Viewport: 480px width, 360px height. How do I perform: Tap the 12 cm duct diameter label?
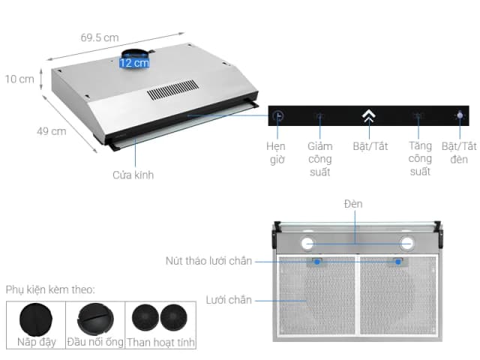coord(134,63)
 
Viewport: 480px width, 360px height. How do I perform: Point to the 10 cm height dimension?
coord(19,79)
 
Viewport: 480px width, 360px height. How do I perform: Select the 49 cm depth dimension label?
coord(51,130)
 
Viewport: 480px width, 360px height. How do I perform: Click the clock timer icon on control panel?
coord(278,116)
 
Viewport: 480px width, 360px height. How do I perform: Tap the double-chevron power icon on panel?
coord(368,116)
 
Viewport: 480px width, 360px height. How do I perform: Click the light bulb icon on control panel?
coord(458,116)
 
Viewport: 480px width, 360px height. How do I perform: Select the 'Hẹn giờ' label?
coord(276,152)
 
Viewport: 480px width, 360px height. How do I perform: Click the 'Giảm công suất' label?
coord(319,159)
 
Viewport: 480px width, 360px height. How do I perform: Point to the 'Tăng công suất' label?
coord(420,159)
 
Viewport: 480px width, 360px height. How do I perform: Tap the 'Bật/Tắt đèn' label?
coord(459,152)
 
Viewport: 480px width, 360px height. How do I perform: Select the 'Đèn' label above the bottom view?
coord(353,204)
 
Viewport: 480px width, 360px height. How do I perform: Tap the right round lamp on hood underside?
coord(407,243)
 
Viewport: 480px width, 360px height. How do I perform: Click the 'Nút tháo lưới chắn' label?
coord(208,261)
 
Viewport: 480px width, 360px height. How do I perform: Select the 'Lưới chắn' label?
coord(229,300)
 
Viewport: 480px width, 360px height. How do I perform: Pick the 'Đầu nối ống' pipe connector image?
coord(95,318)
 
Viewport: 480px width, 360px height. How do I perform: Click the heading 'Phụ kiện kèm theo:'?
coord(49,289)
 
